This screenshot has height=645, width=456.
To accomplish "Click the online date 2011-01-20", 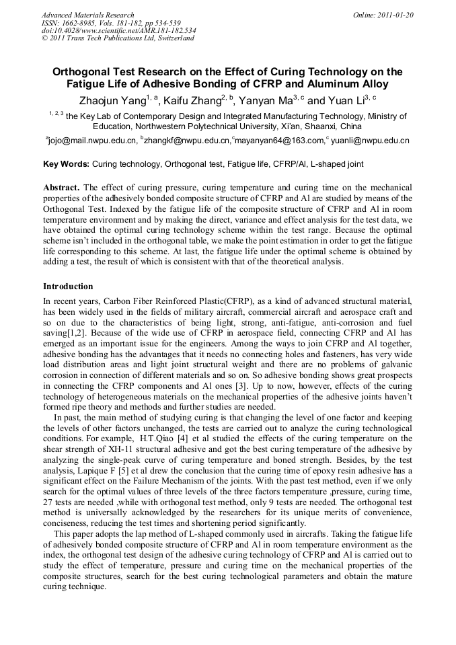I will tap(392, 15).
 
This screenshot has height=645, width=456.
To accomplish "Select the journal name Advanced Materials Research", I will tap(88, 15).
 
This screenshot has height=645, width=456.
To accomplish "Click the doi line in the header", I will tap(118, 30).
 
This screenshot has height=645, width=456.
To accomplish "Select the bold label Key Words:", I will tap(66, 163).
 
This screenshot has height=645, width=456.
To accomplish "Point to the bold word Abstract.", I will tap(61, 186).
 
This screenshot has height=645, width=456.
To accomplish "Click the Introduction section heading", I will tap(68, 287).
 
